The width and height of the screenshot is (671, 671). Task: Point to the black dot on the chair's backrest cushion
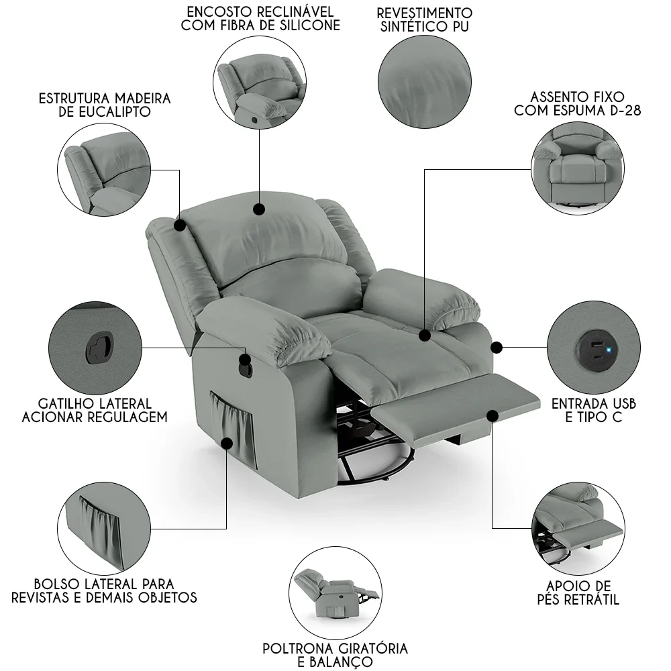click(258, 210)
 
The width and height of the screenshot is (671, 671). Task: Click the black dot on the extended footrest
click(493, 416)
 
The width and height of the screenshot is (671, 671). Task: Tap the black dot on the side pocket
click(227, 443)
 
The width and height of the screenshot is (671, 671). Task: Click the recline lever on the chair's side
click(245, 366)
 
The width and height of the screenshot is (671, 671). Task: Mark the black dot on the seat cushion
click(424, 335)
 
